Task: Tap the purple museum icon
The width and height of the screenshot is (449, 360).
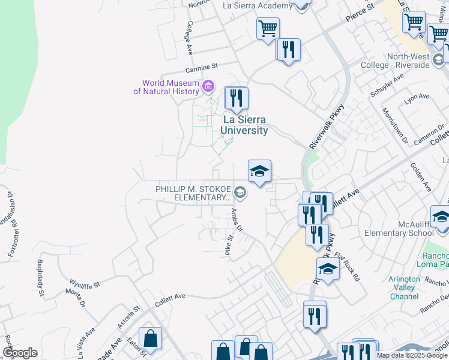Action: (208, 86)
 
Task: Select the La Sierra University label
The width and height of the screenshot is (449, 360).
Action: (244, 125)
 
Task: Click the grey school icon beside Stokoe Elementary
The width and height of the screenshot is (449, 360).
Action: (240, 193)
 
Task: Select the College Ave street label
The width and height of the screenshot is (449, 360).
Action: (189, 37)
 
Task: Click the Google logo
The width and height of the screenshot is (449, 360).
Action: (20, 352)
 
